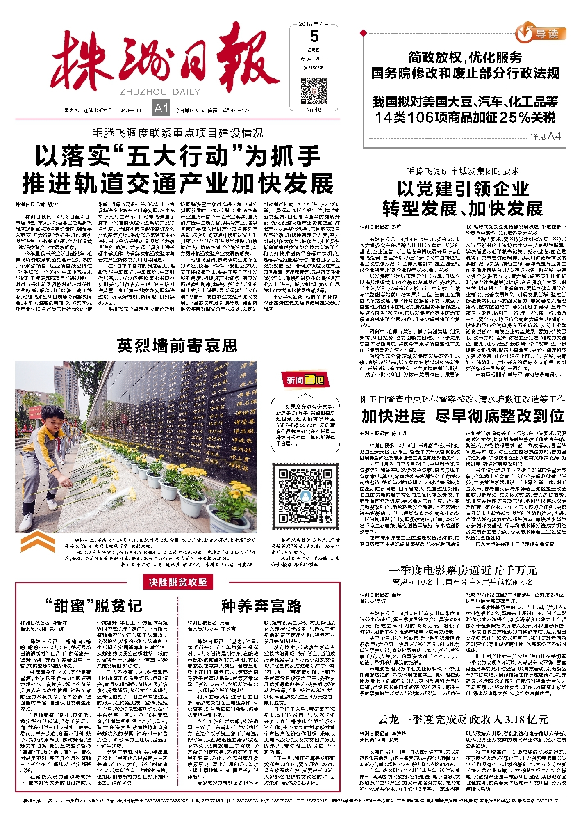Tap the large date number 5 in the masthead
click(x=314, y=37)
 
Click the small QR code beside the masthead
click(x=314, y=91)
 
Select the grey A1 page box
click(x=161, y=108)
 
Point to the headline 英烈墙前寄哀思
click(x=177, y=346)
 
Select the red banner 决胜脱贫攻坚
click(x=178, y=582)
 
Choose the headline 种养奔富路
click(x=261, y=606)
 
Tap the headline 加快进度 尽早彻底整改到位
click(x=463, y=416)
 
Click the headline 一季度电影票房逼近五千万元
click(x=463, y=570)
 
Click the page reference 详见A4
click(x=545, y=137)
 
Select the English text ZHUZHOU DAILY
click(x=160, y=92)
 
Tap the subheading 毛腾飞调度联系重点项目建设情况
click(x=178, y=133)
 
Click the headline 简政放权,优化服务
click(x=465, y=57)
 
